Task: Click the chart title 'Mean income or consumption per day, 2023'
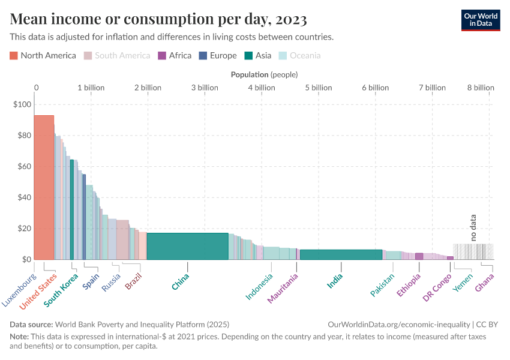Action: (158, 19)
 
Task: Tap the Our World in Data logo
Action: (480, 20)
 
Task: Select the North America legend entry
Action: (43, 56)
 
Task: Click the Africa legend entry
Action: (175, 56)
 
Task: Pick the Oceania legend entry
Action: (299, 56)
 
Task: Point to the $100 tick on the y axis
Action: (22, 104)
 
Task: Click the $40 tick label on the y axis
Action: (22, 197)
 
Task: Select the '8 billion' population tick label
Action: (480, 88)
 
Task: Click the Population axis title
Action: (264, 74)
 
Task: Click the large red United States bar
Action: (44, 186)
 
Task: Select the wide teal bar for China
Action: (187, 246)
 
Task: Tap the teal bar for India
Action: (341, 254)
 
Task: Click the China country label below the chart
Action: (181, 282)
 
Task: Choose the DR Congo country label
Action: (437, 288)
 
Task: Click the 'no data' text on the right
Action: (473, 227)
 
